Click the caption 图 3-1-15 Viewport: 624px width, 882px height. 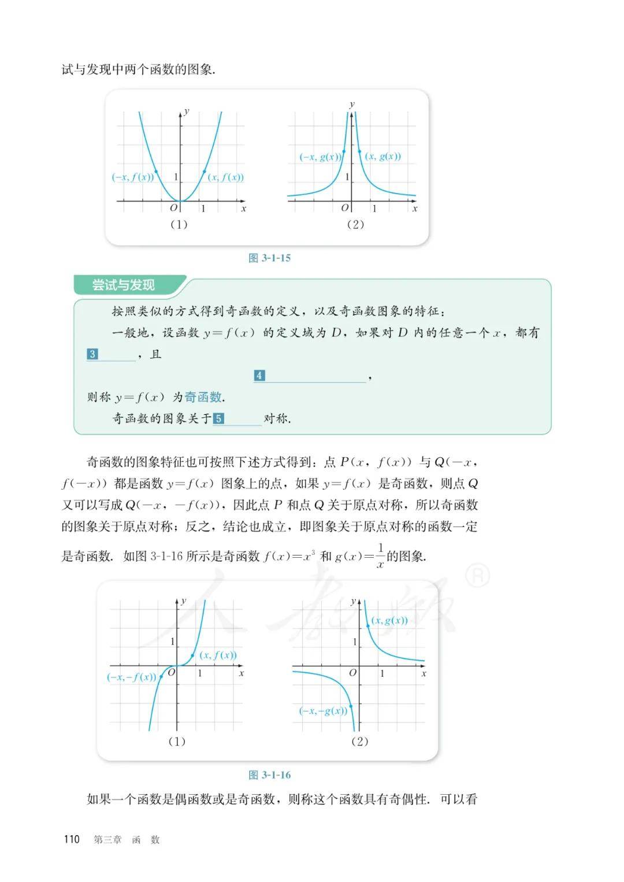269,258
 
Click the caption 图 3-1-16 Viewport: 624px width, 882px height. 269,775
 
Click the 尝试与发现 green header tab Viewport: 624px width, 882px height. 124,286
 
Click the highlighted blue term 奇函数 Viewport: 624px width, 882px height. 203,397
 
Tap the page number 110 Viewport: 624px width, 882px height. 72,839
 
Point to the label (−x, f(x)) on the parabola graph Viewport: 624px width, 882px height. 133,177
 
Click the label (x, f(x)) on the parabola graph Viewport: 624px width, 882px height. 226,177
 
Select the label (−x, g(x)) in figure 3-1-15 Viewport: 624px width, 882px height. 320,157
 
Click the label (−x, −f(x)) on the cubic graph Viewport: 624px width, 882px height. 132,677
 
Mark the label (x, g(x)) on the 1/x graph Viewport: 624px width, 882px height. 389,620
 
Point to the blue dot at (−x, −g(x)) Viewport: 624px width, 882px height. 351,706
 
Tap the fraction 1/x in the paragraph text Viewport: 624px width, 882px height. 380,556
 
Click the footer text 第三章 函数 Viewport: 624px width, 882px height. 127,840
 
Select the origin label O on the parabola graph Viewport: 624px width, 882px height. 173,208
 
